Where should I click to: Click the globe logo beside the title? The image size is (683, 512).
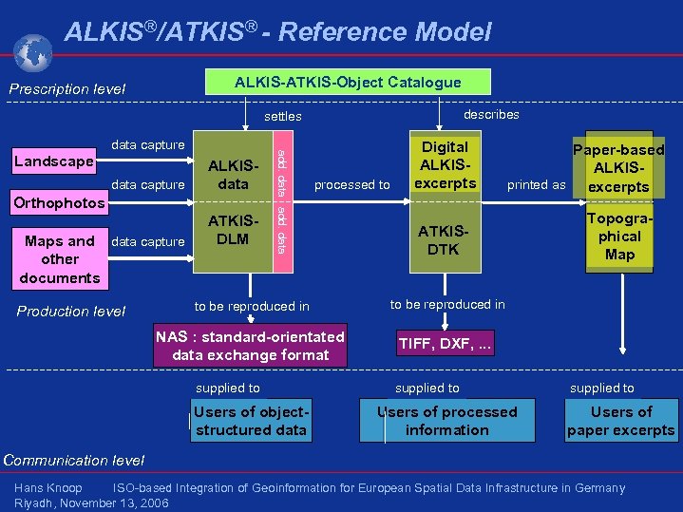coord(34,53)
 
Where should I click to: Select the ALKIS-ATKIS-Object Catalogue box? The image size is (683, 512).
coord(349,83)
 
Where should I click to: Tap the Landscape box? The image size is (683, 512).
coord(52,161)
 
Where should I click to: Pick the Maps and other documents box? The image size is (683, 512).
coord(59,259)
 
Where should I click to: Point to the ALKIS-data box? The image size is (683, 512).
coord(233,175)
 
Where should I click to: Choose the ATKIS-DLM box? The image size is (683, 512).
coord(233,230)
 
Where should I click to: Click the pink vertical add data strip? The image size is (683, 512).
coord(281,201)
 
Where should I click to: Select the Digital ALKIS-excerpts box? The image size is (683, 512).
coord(445,165)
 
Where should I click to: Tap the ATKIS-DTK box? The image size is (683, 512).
coord(445,240)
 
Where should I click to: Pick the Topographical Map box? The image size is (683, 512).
coord(618,237)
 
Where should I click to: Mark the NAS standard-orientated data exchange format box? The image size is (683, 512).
coord(251,346)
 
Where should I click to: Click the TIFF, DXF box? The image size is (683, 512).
coord(446,344)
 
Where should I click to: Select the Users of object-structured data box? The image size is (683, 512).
coord(251,421)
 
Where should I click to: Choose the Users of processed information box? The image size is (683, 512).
coord(446,421)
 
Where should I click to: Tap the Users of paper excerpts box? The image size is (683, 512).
coord(621,421)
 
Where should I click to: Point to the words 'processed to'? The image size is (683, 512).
coord(351,184)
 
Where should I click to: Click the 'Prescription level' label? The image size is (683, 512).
coord(67,90)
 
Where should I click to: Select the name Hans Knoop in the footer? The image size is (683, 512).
coord(48,488)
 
